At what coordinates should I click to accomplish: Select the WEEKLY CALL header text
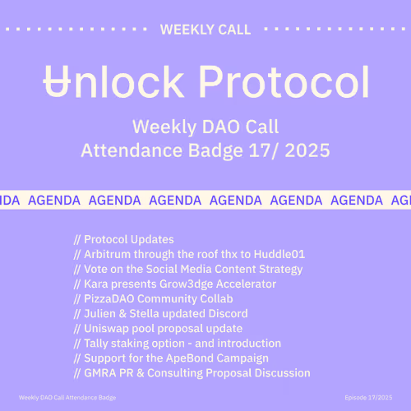[205, 30]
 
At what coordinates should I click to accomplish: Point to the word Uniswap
[109, 328]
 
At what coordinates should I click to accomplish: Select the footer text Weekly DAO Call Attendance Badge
[67, 396]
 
